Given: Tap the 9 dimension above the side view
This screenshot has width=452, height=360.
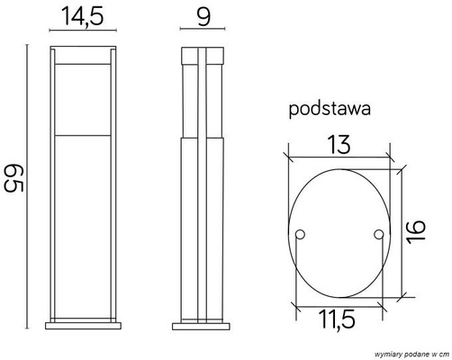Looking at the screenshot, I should pos(203,15).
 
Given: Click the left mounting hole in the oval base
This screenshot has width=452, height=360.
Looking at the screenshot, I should pos(301,236).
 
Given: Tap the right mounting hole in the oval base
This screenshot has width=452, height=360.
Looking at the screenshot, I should pos(377,236).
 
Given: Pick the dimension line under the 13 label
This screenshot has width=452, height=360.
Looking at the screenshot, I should pos(339,153).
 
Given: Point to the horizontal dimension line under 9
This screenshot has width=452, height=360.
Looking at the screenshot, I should pos(203,33).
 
